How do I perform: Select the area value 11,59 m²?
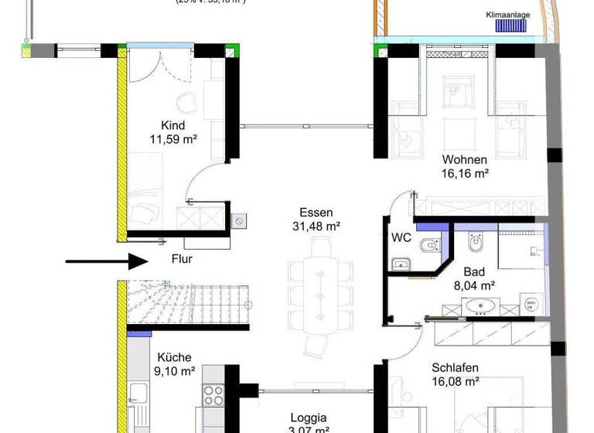tap(173, 140)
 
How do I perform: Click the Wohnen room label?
tap(464, 160)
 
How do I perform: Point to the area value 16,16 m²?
tap(465, 174)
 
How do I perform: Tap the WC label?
tap(401, 237)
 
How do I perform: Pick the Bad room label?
tap(474, 272)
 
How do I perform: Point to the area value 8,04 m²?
tap(473, 285)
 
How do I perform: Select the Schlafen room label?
tap(455, 368)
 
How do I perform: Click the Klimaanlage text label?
tap(507, 15)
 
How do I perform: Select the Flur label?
tap(182, 260)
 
